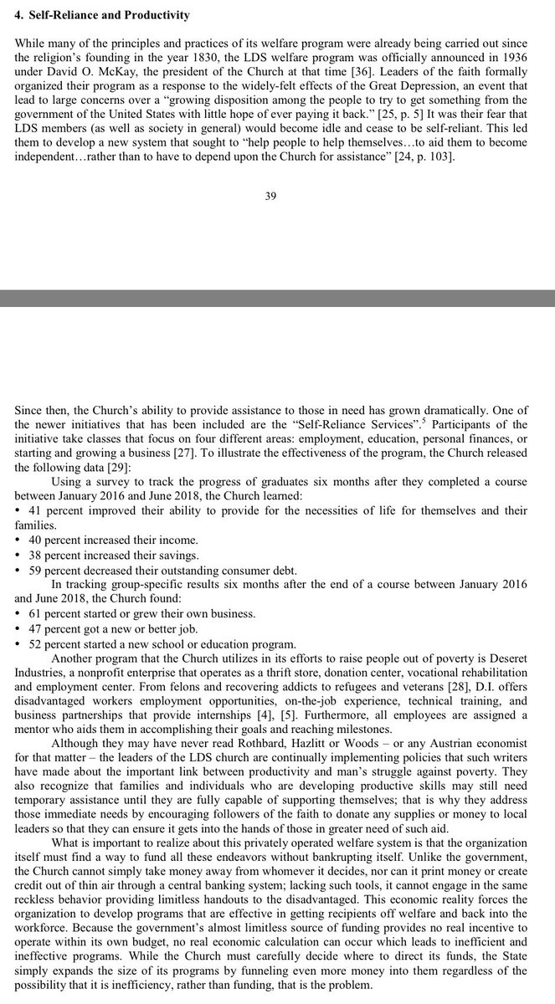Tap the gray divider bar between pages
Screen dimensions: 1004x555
[x=277, y=298]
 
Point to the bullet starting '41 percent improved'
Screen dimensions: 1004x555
[x=276, y=510]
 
